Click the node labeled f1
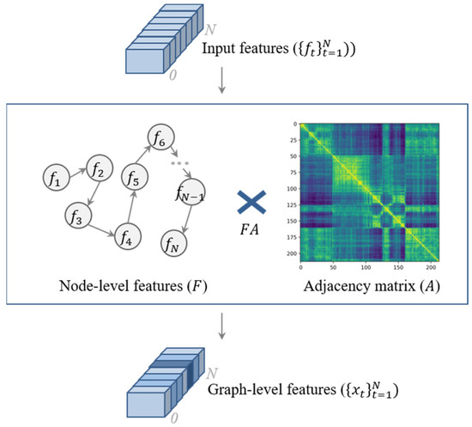[x=54, y=180]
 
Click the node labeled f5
[x=132, y=179]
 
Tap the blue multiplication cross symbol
[x=251, y=204]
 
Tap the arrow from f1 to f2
[x=76, y=175]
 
